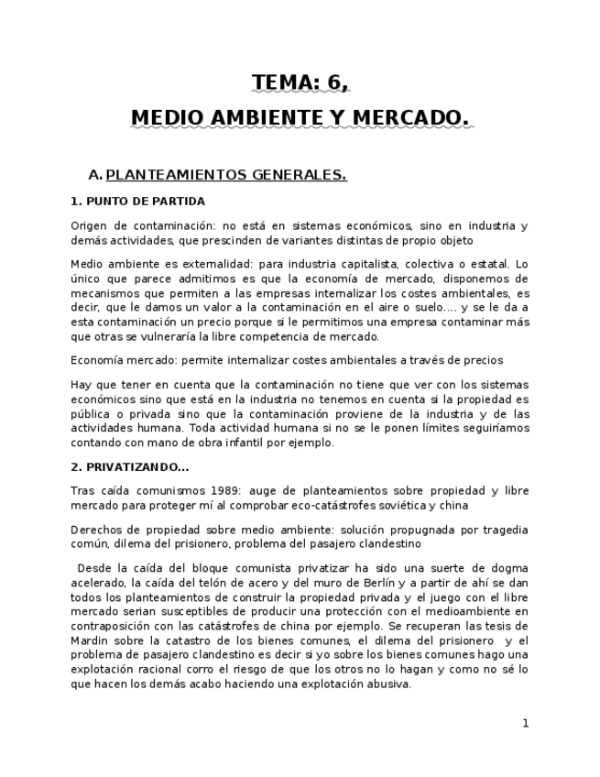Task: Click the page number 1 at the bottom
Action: point(526,723)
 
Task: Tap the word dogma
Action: point(508,568)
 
